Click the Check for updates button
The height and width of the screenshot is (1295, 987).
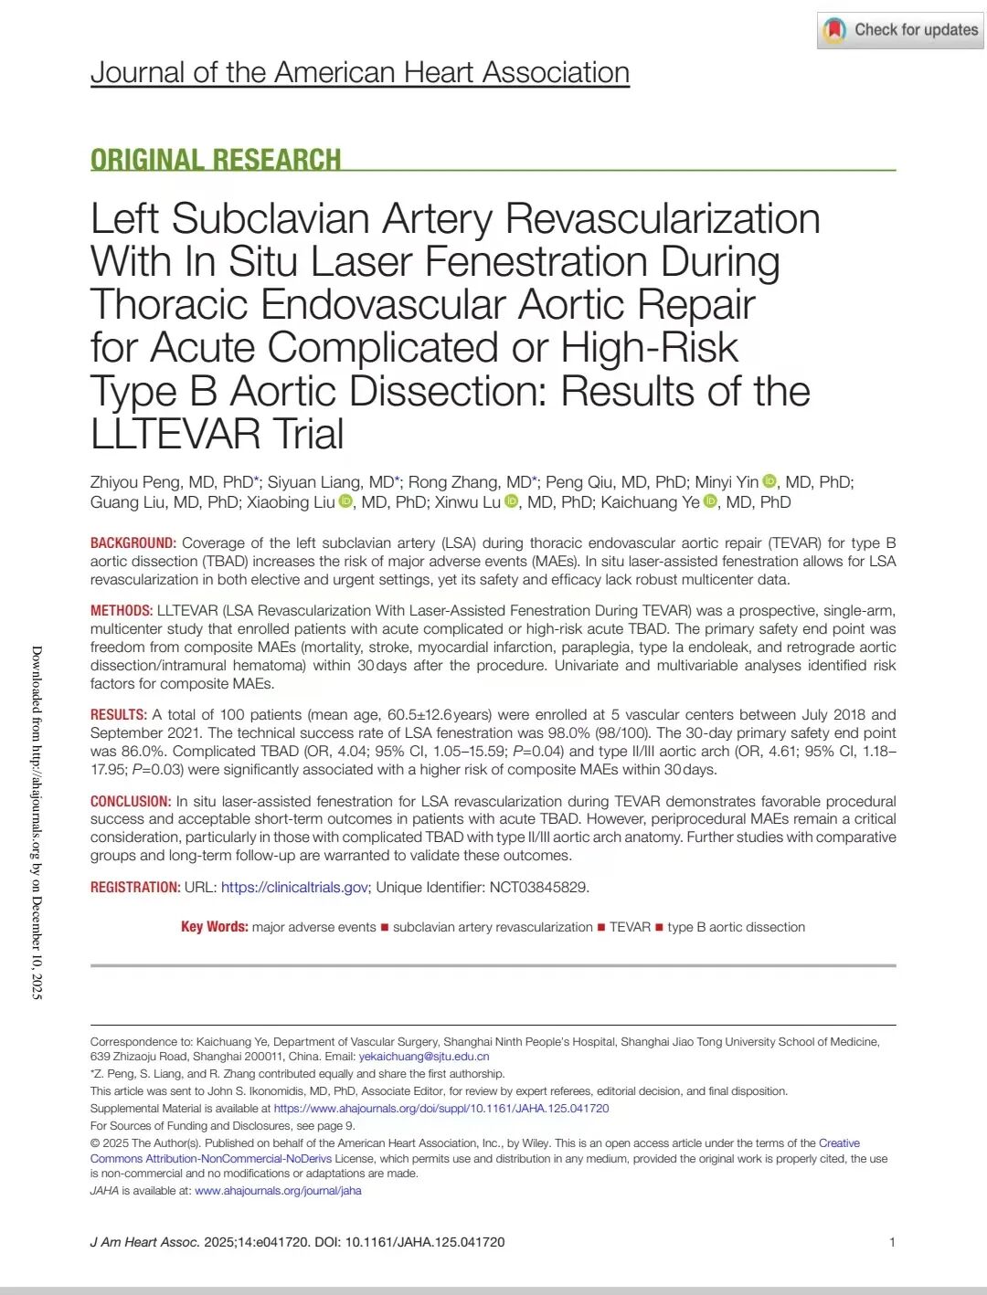click(900, 30)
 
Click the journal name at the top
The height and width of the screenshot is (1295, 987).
click(359, 72)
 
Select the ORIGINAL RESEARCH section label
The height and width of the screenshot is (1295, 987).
click(216, 160)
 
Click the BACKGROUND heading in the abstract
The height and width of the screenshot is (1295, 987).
click(133, 542)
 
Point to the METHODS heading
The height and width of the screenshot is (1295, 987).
click(121, 610)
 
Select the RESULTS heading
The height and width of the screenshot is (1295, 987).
click(118, 714)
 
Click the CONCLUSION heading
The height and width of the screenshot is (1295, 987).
click(130, 801)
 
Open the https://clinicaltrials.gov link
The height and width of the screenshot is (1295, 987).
click(294, 887)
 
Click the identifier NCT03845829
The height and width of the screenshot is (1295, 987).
click(538, 887)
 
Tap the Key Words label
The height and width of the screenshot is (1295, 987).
click(214, 927)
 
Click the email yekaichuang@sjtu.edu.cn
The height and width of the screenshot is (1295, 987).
click(423, 1057)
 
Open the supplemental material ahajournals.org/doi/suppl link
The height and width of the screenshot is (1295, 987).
click(440, 1108)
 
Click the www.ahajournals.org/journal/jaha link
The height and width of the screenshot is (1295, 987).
click(278, 1190)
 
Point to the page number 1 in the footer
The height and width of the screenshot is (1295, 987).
click(892, 1242)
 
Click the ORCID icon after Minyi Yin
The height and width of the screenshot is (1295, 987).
click(769, 481)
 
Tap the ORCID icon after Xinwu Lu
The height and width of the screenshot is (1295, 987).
click(512, 501)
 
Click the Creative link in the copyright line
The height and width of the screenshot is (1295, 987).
click(839, 1142)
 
